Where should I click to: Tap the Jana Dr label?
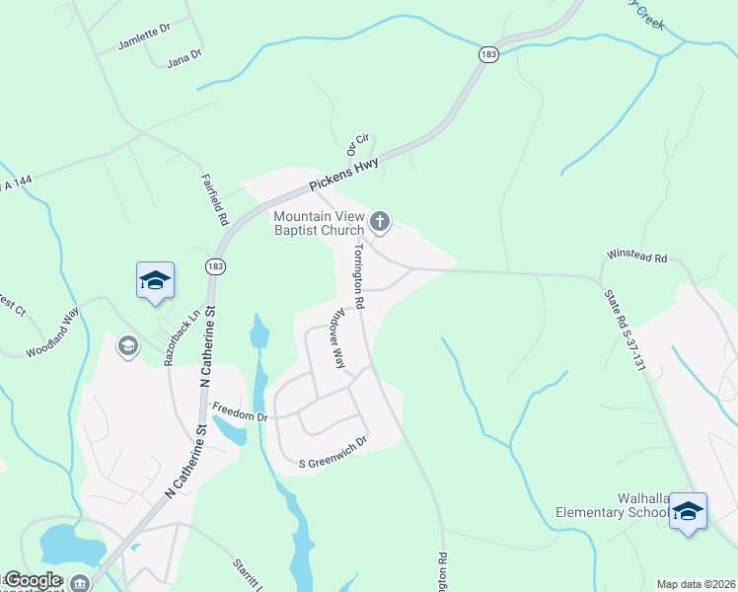[x=184, y=56]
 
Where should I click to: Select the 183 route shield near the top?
[x=488, y=55]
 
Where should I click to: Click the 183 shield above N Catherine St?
[x=214, y=266]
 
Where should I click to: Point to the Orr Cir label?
[x=356, y=147]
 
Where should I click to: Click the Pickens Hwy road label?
[x=343, y=174]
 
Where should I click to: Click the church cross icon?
[x=380, y=223]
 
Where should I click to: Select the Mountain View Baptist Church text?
[x=319, y=223]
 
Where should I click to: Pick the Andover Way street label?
[x=335, y=342]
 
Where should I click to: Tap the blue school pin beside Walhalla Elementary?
[x=688, y=511]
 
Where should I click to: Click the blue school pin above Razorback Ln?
[x=155, y=281]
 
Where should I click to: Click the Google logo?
[x=34, y=580]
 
